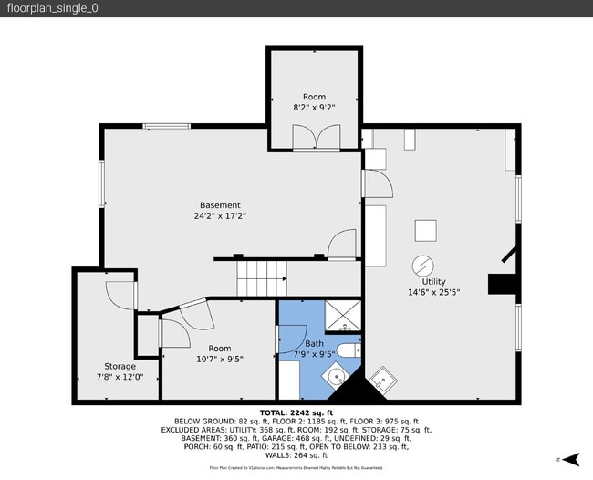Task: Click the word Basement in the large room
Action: click(220, 205)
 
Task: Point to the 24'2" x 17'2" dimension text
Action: click(220, 217)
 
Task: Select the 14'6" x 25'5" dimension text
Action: click(432, 293)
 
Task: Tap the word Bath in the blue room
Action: click(314, 344)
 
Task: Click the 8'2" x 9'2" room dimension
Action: click(314, 107)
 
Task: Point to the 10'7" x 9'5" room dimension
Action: click(220, 359)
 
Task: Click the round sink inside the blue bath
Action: click(337, 374)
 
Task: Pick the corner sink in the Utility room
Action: click(383, 378)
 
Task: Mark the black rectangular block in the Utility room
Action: click(501, 285)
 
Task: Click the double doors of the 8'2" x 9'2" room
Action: click(314, 139)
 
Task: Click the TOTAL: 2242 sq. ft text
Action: click(296, 413)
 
